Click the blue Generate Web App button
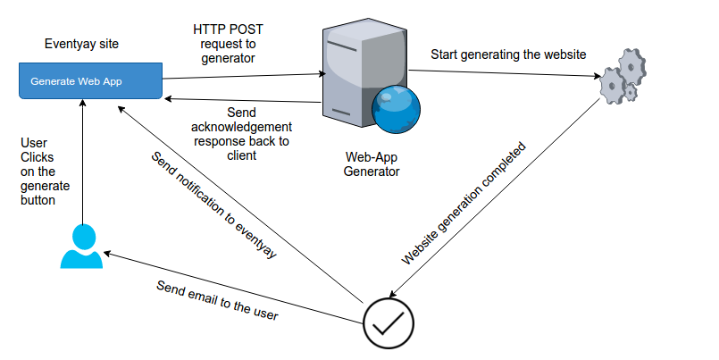click(90, 81)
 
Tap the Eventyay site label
click(81, 44)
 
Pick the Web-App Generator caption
click(371, 163)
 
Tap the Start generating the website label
click(508, 54)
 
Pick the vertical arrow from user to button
click(81, 161)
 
